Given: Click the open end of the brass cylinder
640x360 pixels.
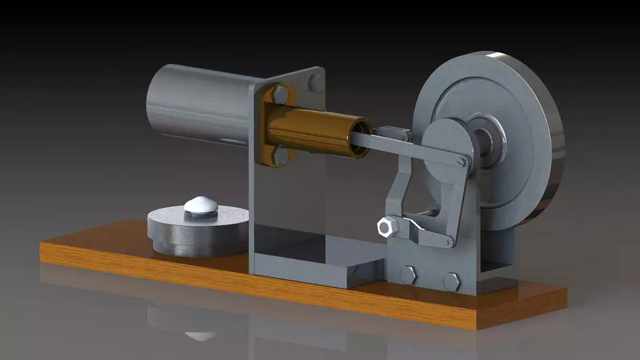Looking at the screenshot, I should coord(362,138).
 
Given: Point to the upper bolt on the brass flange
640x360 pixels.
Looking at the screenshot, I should coord(281,95).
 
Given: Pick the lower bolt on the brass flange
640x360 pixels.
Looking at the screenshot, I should coord(281,155).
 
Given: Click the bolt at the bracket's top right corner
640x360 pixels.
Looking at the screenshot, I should coord(317,83).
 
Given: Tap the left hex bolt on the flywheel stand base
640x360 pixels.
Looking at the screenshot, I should coord(408,275).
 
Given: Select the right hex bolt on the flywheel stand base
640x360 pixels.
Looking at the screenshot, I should coord(452,280).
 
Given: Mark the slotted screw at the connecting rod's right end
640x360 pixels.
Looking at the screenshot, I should coord(461,161).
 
